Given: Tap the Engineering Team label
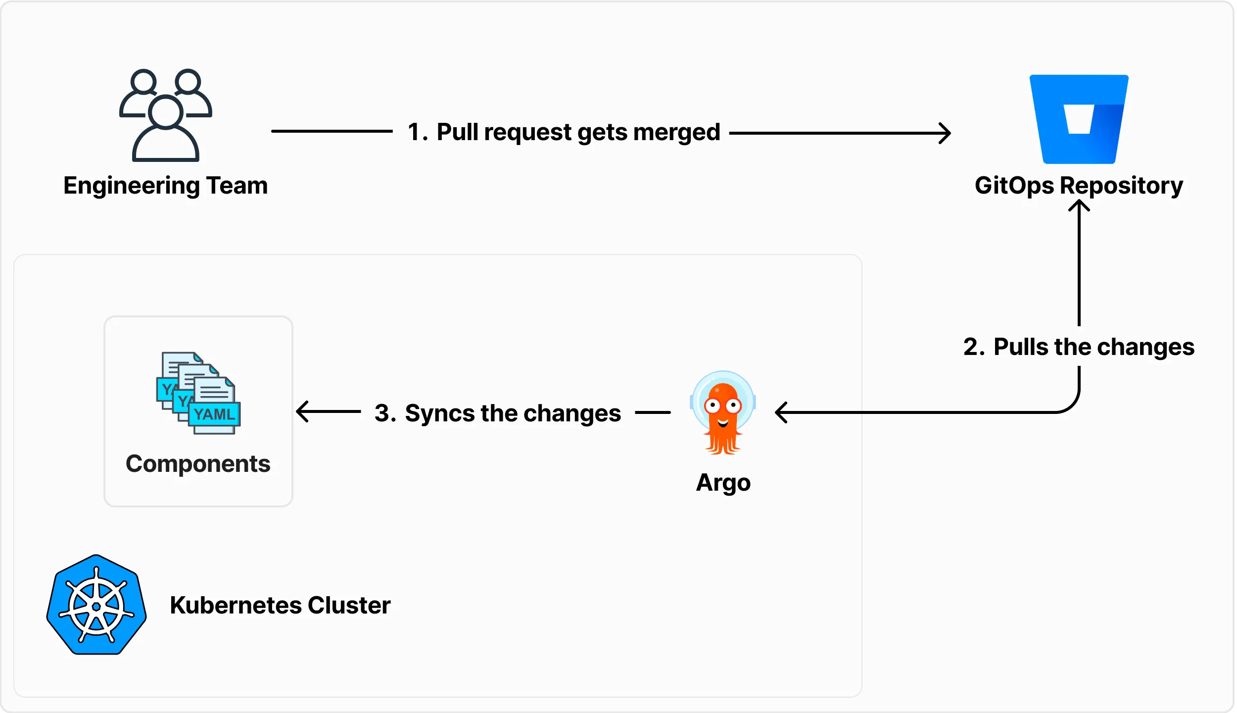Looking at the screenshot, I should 165,186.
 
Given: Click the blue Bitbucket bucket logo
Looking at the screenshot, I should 1079,119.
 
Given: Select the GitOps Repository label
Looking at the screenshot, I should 1079,186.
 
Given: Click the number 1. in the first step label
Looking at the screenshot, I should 417,132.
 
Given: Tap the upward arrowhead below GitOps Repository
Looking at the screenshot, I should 1079,204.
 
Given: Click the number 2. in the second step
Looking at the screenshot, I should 974,347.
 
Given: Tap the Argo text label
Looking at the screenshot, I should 723,482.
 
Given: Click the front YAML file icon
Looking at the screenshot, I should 214,406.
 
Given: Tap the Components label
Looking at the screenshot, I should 198,464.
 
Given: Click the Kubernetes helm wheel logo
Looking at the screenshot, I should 96,605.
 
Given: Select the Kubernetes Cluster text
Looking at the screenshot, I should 280,605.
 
